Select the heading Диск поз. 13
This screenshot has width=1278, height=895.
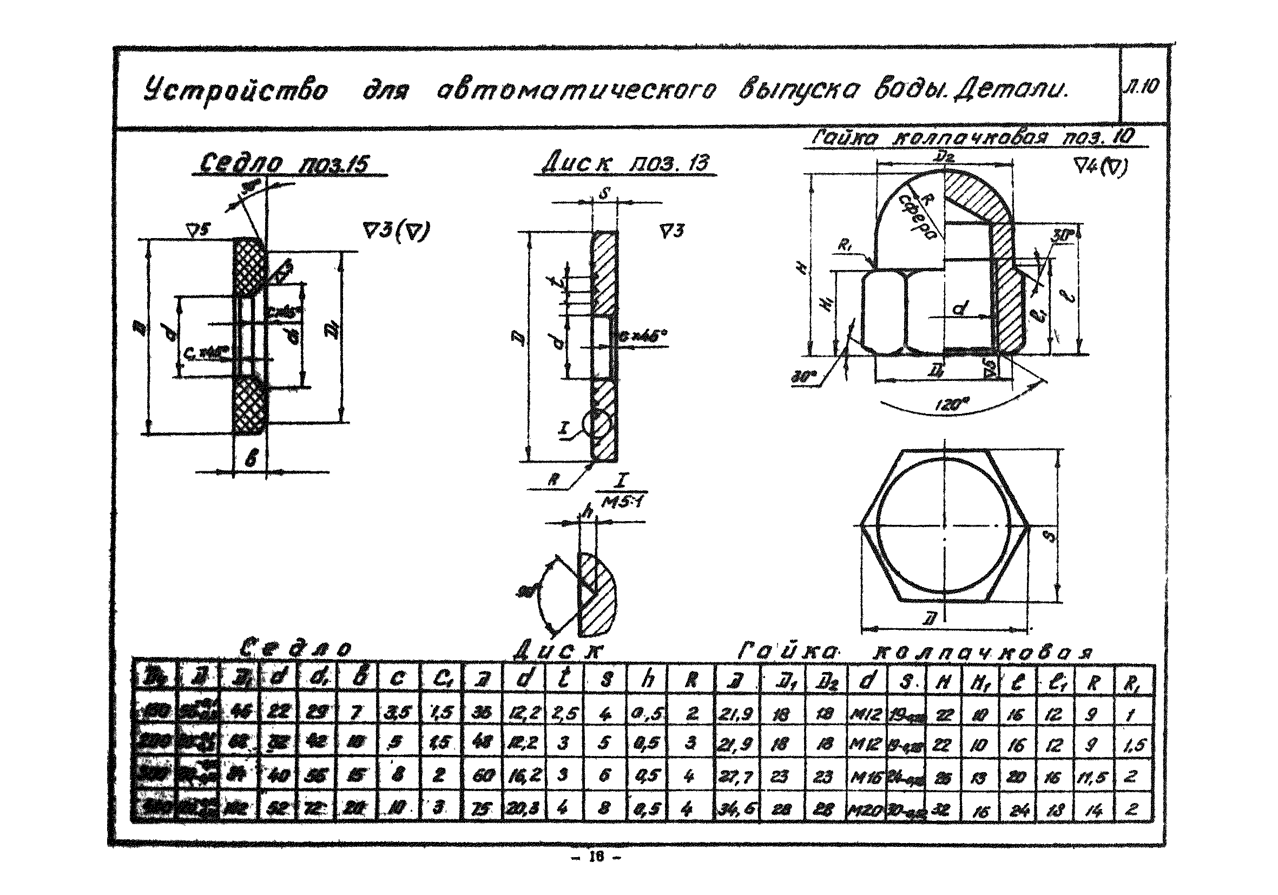click(x=625, y=163)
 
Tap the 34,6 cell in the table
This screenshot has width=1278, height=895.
click(x=734, y=809)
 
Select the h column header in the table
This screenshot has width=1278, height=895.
click(x=647, y=680)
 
